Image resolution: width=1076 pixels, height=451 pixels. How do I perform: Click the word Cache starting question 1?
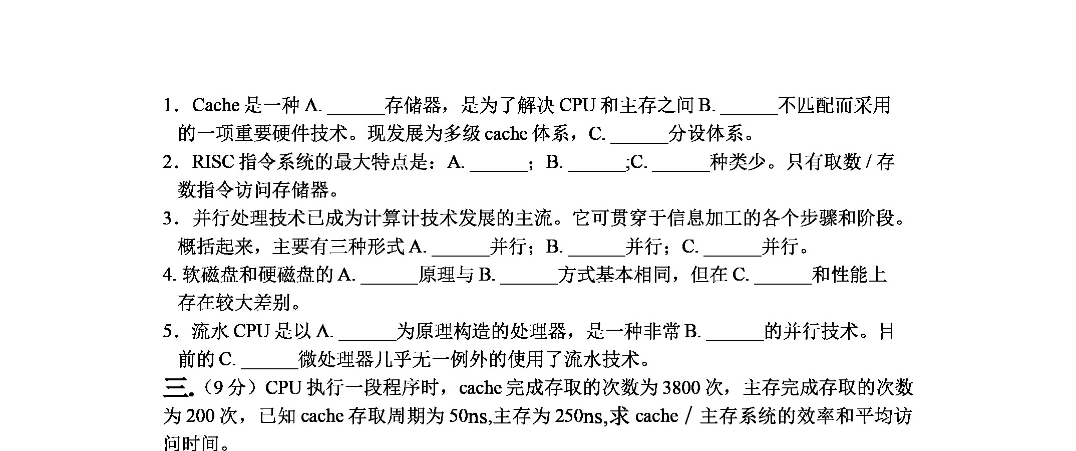pyautogui.click(x=216, y=105)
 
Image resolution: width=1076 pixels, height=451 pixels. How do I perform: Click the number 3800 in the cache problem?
pyautogui.click(x=681, y=387)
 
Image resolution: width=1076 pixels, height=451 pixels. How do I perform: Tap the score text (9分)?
pyautogui.click(x=230, y=387)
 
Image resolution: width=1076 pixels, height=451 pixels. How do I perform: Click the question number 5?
pyautogui.click(x=168, y=332)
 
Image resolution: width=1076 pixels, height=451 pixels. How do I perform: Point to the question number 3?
pyautogui.click(x=168, y=218)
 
